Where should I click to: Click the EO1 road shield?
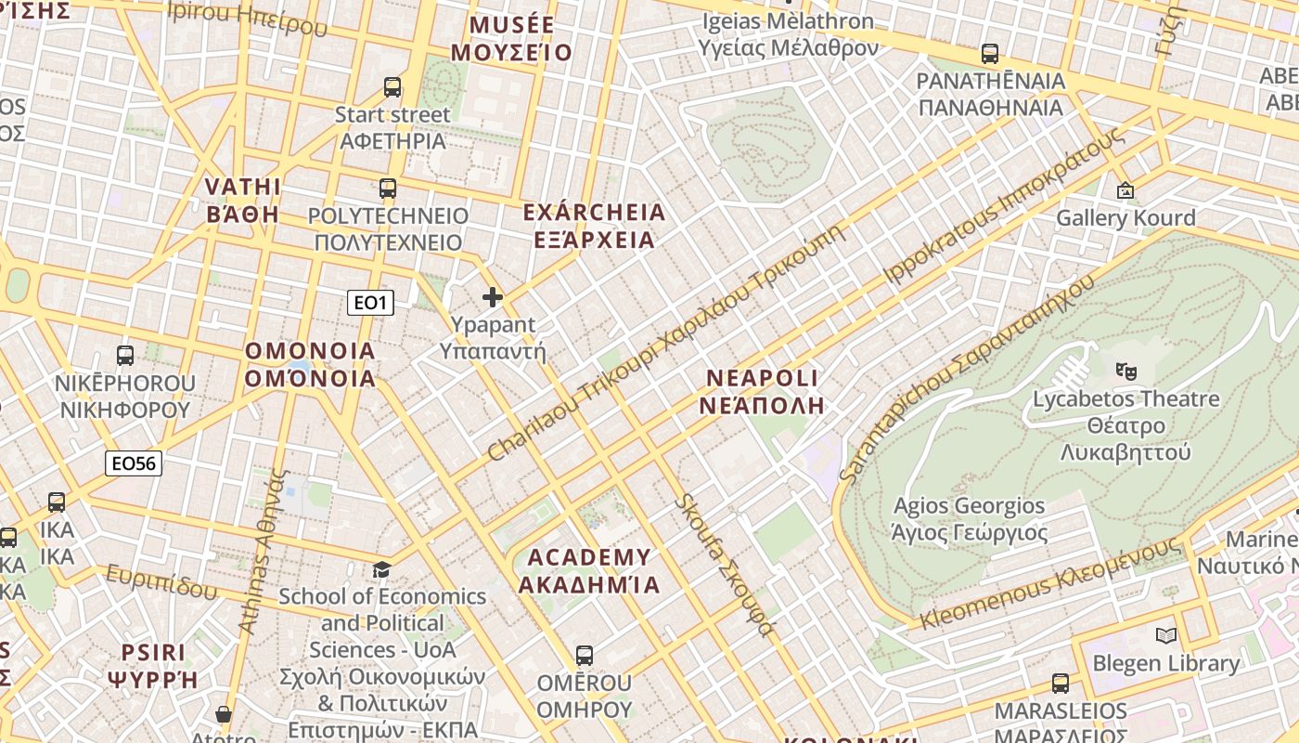[x=370, y=303]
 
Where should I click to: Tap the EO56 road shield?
[x=134, y=463]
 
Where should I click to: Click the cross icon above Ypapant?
[x=493, y=297]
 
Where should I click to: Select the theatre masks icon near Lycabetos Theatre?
[x=1126, y=371]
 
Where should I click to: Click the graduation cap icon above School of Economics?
[x=381, y=568]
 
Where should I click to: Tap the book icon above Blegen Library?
[x=1166, y=636]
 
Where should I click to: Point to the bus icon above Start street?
[x=392, y=87]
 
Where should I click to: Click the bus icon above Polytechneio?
[x=388, y=189]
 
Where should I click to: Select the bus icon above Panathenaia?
[x=990, y=54]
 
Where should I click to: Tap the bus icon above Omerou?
[x=584, y=656]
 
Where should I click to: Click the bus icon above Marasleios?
[x=1060, y=684]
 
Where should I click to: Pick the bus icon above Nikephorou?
[x=124, y=355]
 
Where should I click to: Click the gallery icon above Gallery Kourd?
[x=1125, y=190]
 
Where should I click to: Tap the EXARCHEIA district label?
[x=594, y=226]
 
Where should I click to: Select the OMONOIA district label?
[x=310, y=364]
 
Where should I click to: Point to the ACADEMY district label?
[x=589, y=570]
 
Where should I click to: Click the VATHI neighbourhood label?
[x=242, y=200]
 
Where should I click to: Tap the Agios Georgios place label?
[x=969, y=519]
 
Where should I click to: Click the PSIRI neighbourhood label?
[x=153, y=665]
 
